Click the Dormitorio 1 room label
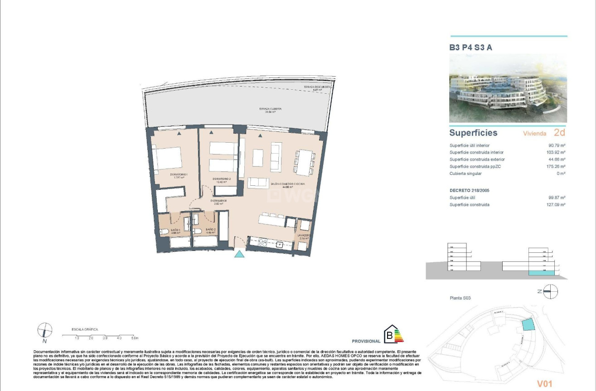179,176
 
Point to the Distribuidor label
218,202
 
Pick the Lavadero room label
304,237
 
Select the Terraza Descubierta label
317,88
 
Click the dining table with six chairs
304,162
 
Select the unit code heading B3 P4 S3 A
470,47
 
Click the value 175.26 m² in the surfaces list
556,167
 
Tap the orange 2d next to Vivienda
559,133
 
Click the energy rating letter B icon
389,337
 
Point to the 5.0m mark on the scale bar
135,338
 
